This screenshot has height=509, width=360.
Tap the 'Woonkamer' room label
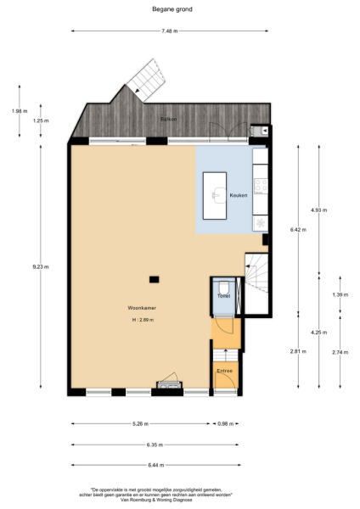click(141, 308)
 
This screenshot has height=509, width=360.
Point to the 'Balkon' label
click(168, 120)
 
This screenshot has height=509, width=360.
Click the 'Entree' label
click(224, 371)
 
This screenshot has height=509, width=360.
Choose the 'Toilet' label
click(223, 295)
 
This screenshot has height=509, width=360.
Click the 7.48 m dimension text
click(170, 31)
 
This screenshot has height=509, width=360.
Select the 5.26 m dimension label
click(141, 424)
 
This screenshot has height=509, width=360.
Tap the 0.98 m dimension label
click(225, 424)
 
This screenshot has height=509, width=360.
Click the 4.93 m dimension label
click(318, 210)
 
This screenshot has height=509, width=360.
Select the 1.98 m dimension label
click(20, 110)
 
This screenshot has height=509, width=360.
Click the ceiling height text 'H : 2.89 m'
click(142, 320)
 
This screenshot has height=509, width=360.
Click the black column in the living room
click(154, 279)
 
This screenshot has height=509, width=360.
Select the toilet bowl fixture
click(222, 287)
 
